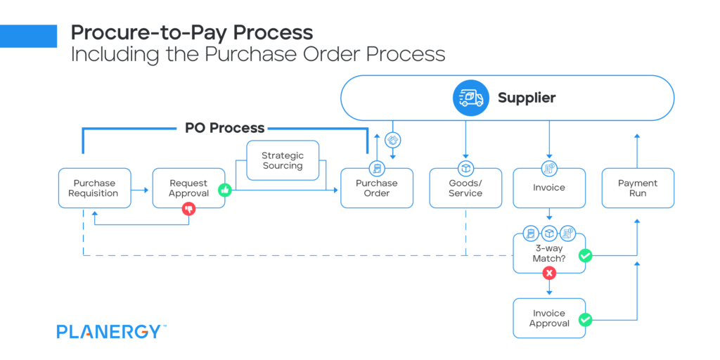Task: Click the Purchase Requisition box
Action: tap(94, 188)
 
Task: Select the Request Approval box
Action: tap(188, 188)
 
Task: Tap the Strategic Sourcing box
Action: tap(283, 160)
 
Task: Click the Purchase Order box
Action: tap(376, 188)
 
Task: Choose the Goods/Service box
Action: tap(465, 188)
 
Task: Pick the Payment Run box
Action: tap(637, 188)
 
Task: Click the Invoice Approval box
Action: tap(549, 318)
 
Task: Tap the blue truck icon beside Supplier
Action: tap(470, 98)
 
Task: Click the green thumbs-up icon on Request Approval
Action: tap(225, 189)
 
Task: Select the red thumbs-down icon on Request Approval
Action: tap(188, 208)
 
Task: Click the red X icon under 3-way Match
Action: tap(549, 274)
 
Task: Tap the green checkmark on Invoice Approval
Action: tap(585, 320)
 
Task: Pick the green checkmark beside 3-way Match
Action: tap(585, 256)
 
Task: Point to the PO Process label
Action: tap(224, 128)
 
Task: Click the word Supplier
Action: tap(527, 98)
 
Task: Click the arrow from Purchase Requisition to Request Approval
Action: tap(141, 189)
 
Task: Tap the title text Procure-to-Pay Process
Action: tap(191, 32)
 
